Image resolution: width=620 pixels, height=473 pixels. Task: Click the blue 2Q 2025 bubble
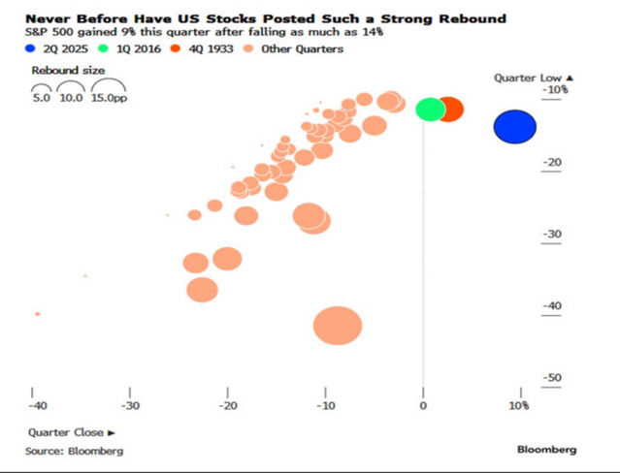click(x=514, y=126)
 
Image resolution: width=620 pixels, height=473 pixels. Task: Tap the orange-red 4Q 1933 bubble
click(x=449, y=110)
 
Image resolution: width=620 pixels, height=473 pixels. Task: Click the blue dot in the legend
click(x=33, y=49)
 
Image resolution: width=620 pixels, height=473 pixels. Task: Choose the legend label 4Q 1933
click(x=208, y=49)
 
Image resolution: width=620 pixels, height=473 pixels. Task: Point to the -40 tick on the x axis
click(x=37, y=405)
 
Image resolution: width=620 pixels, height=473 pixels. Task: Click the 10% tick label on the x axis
click(x=518, y=405)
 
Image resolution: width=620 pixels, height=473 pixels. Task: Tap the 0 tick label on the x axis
click(x=423, y=405)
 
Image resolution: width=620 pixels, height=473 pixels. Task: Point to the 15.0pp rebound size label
click(x=107, y=97)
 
